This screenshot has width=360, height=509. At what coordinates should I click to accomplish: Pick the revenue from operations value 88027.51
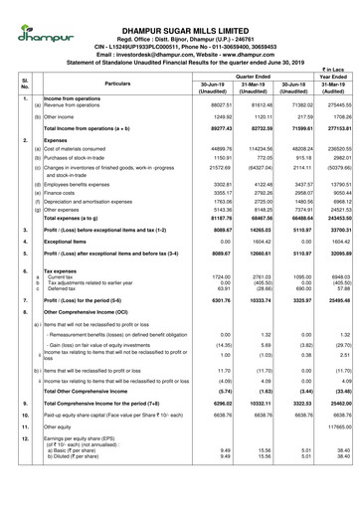[204, 103]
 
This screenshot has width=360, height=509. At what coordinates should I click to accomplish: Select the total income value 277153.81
[334, 128]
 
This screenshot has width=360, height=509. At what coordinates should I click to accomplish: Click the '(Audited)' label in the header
[334, 94]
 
